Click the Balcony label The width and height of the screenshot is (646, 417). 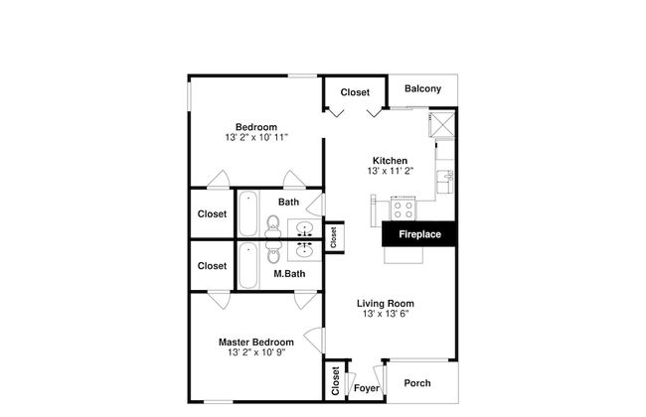point(422,89)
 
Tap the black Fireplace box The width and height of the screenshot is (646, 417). point(418,235)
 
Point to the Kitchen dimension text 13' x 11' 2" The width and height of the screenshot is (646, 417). point(390,171)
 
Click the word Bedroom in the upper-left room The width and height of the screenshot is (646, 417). point(255,126)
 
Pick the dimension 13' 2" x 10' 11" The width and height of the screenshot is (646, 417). point(255,137)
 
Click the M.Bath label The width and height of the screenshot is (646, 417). point(288,273)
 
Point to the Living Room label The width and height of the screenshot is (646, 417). point(387,303)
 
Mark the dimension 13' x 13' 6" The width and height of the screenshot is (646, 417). point(387,314)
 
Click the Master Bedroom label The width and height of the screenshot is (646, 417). point(255,343)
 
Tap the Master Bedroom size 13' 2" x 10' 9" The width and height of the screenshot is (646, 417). point(255,353)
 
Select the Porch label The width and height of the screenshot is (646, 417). point(417,383)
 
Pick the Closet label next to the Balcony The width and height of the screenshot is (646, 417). point(355,92)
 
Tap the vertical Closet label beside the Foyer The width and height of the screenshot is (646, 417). point(335,380)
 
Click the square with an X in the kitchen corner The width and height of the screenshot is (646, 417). point(443,124)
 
